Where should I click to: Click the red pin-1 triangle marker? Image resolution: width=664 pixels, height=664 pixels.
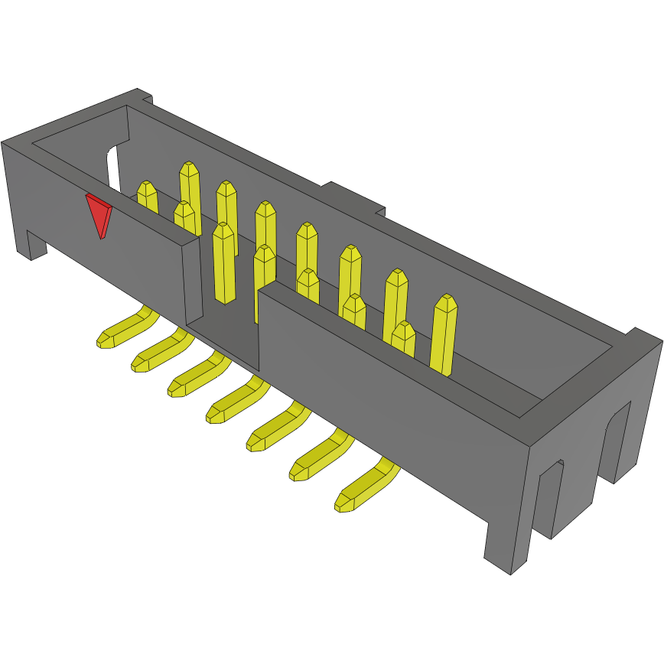point(98,213)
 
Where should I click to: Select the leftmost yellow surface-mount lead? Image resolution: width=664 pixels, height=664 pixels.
point(122,329)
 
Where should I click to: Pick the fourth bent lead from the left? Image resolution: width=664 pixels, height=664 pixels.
point(236,401)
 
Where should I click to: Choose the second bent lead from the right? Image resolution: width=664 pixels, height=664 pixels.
point(317,457)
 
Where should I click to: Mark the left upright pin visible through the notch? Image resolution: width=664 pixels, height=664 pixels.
point(223,264)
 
